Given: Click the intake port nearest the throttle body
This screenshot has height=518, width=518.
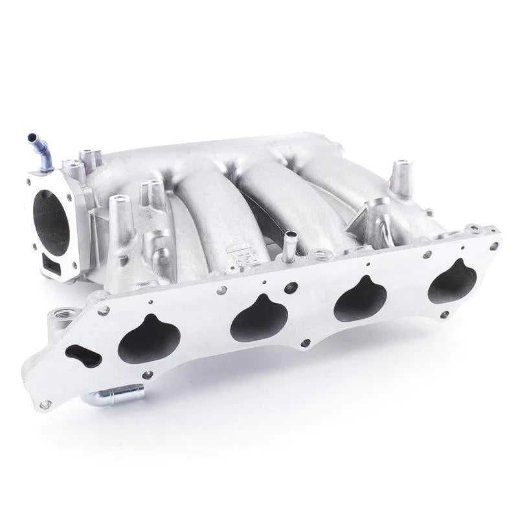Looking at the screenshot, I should [x=148, y=338].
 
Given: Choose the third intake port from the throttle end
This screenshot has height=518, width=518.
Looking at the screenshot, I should [x=361, y=299].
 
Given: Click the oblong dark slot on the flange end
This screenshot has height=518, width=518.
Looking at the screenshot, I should [x=84, y=355].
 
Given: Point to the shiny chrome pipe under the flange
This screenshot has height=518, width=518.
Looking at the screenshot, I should [x=113, y=394].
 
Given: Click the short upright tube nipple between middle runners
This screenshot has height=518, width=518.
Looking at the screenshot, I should [x=289, y=245].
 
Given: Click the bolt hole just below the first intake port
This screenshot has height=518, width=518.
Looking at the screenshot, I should [x=148, y=374].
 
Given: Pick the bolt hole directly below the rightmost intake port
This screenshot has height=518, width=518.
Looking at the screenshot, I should [x=444, y=314].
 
